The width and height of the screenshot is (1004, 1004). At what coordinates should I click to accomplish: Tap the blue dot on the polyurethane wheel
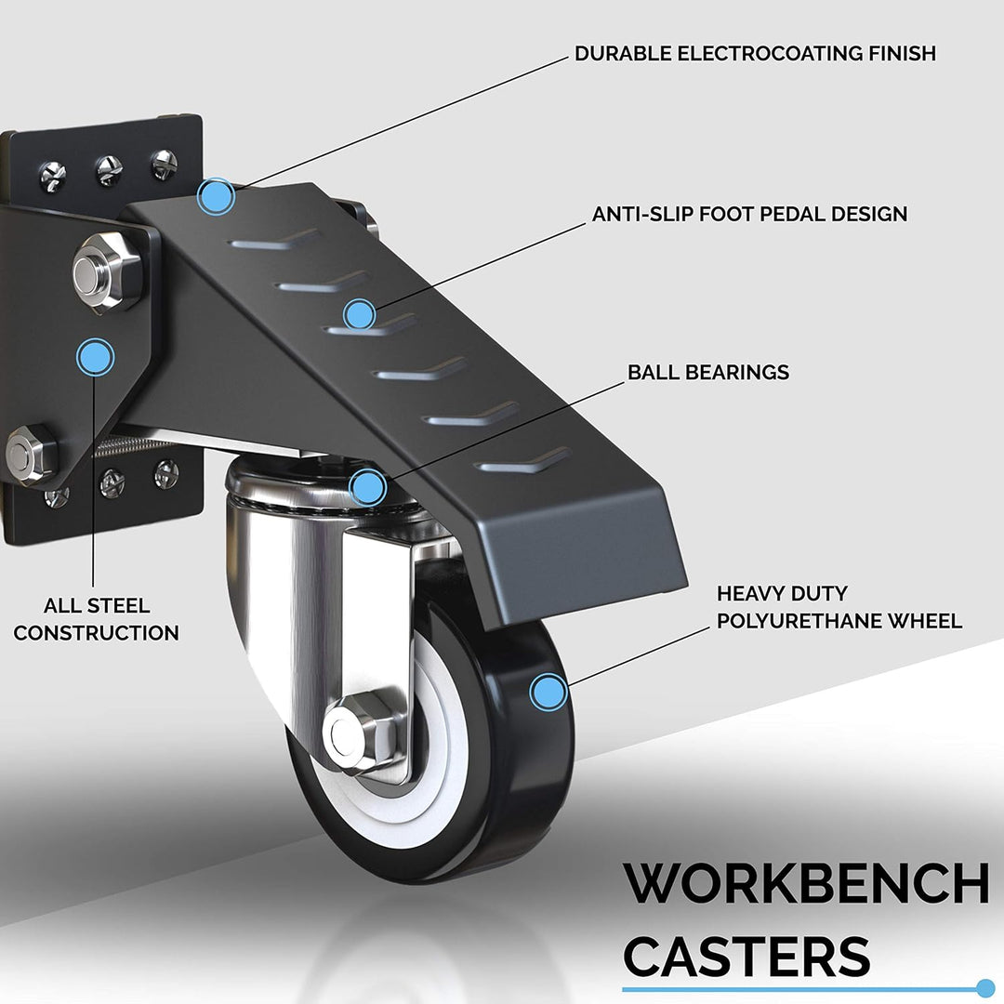pos(548,693)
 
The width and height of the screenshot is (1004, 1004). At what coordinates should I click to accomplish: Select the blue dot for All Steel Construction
pos(96,357)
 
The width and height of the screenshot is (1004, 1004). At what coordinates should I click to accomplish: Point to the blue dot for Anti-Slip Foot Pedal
pos(359,315)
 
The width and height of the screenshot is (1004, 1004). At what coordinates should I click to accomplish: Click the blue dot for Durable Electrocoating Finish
pos(216,196)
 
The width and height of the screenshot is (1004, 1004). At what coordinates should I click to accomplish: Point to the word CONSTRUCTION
pos(96,633)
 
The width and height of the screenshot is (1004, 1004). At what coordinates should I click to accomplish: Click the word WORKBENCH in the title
pos(806,883)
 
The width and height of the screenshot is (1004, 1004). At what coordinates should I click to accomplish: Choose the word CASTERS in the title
pos(746,956)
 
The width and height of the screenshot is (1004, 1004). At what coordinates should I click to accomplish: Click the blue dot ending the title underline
pos(985,988)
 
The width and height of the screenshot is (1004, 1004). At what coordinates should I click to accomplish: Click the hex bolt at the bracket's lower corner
pos(31,454)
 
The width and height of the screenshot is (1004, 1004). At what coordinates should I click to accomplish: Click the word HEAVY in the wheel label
pos(747,593)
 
